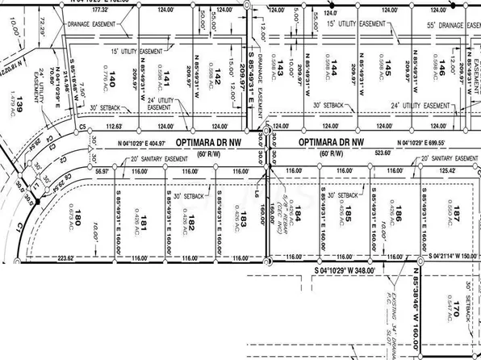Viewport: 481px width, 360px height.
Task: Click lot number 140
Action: coord(112,78)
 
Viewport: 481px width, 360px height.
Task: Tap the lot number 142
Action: coord(218,77)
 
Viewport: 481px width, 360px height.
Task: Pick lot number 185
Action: coord(349,216)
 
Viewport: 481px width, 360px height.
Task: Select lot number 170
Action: coord(456,308)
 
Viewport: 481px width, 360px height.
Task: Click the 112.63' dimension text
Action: coord(119,127)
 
